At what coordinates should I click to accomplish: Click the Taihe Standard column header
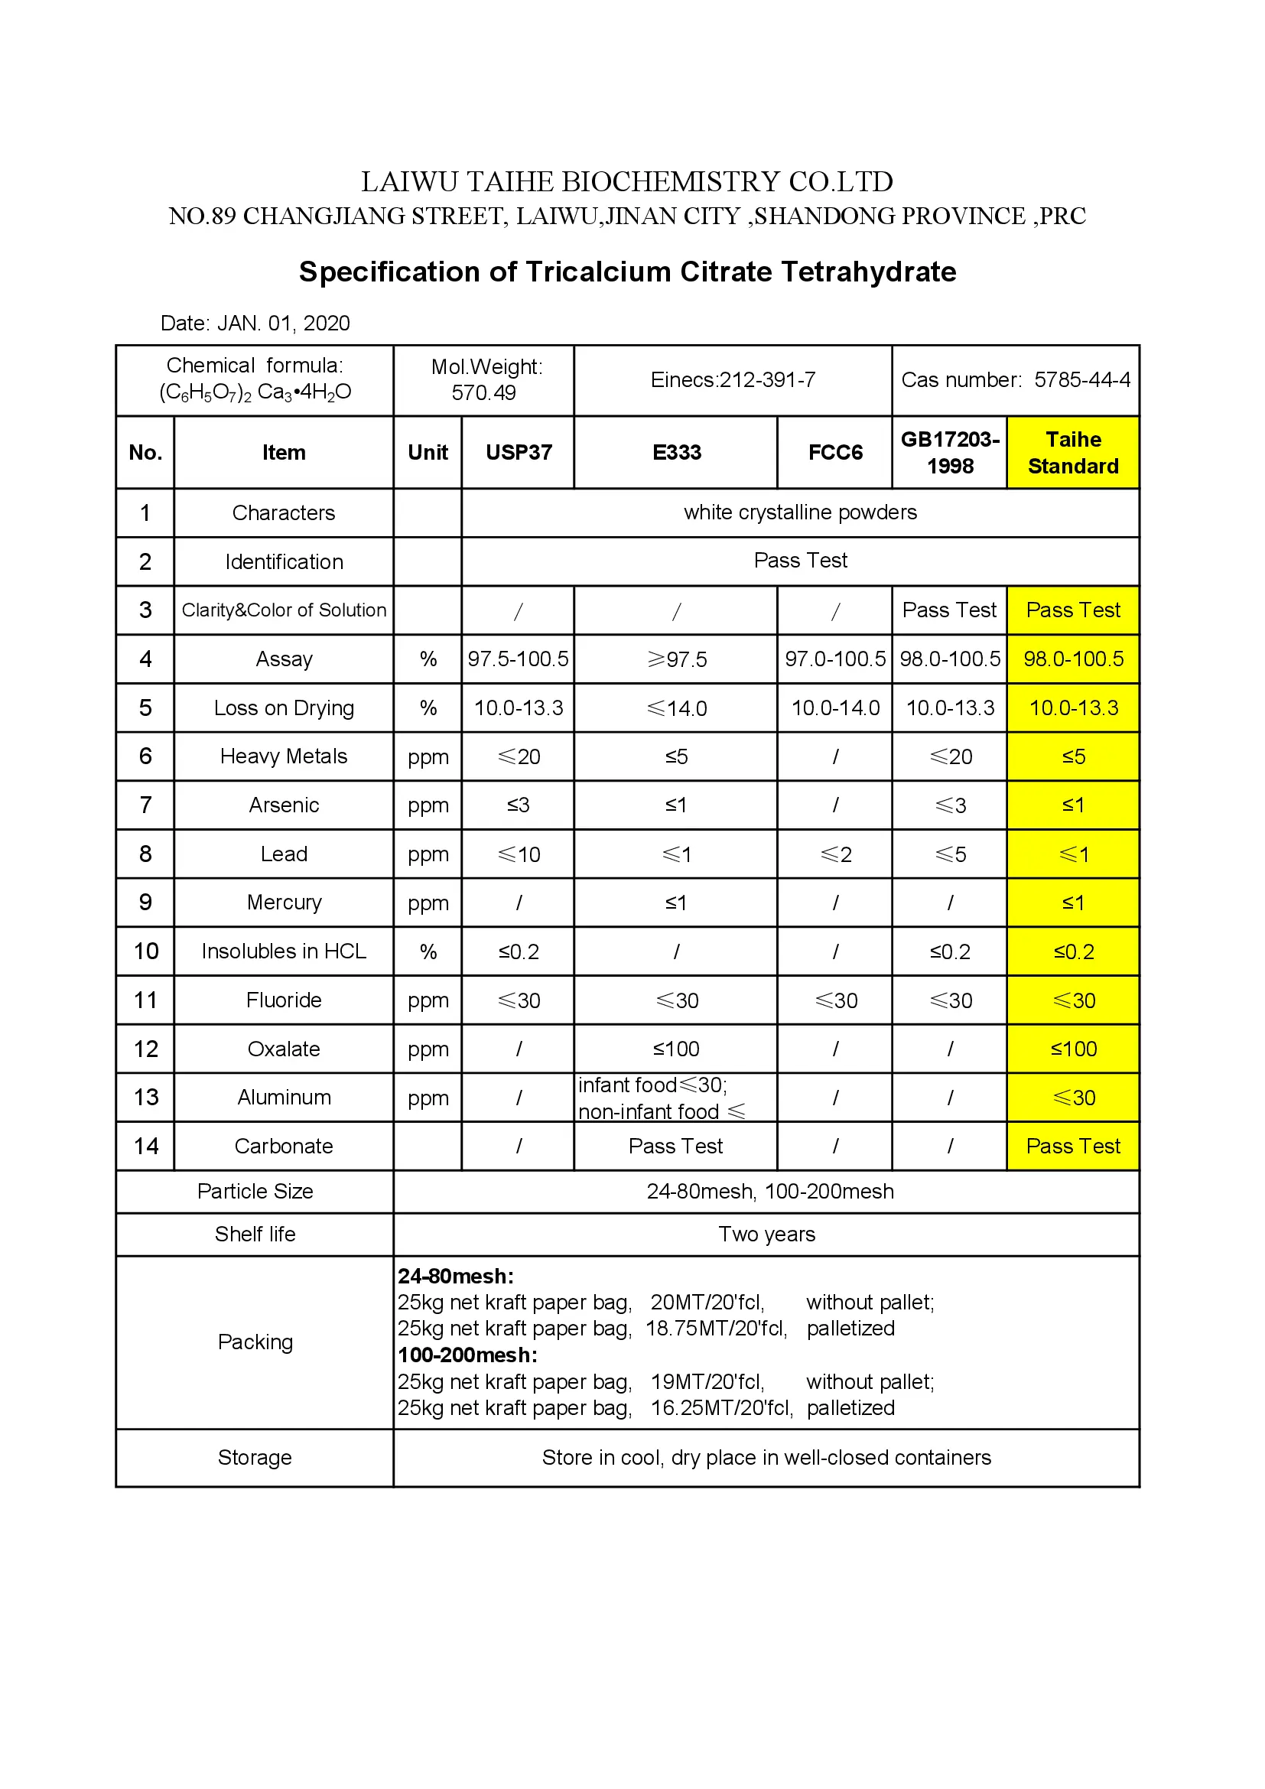1072,453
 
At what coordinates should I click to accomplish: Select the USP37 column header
518,453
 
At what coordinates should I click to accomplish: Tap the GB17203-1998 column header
950,453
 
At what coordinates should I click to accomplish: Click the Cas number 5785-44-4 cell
1015,380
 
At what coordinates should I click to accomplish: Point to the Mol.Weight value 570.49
483,392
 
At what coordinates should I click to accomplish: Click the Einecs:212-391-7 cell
733,380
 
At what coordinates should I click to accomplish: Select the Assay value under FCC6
835,659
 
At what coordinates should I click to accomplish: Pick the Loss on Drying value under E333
676,708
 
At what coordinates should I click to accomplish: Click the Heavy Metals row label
284,756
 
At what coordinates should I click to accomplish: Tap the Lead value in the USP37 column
518,855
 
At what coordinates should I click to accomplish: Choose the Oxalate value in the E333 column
676,1049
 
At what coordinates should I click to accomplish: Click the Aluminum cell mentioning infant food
662,1098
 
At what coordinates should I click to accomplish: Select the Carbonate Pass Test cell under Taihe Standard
1072,1147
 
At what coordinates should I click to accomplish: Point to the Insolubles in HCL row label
284,952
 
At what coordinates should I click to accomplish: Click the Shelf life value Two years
766,1235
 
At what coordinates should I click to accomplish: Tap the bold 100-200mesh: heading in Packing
467,1356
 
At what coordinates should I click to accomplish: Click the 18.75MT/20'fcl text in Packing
716,1329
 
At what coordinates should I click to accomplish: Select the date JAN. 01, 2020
284,324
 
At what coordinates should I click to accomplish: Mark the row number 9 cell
145,903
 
